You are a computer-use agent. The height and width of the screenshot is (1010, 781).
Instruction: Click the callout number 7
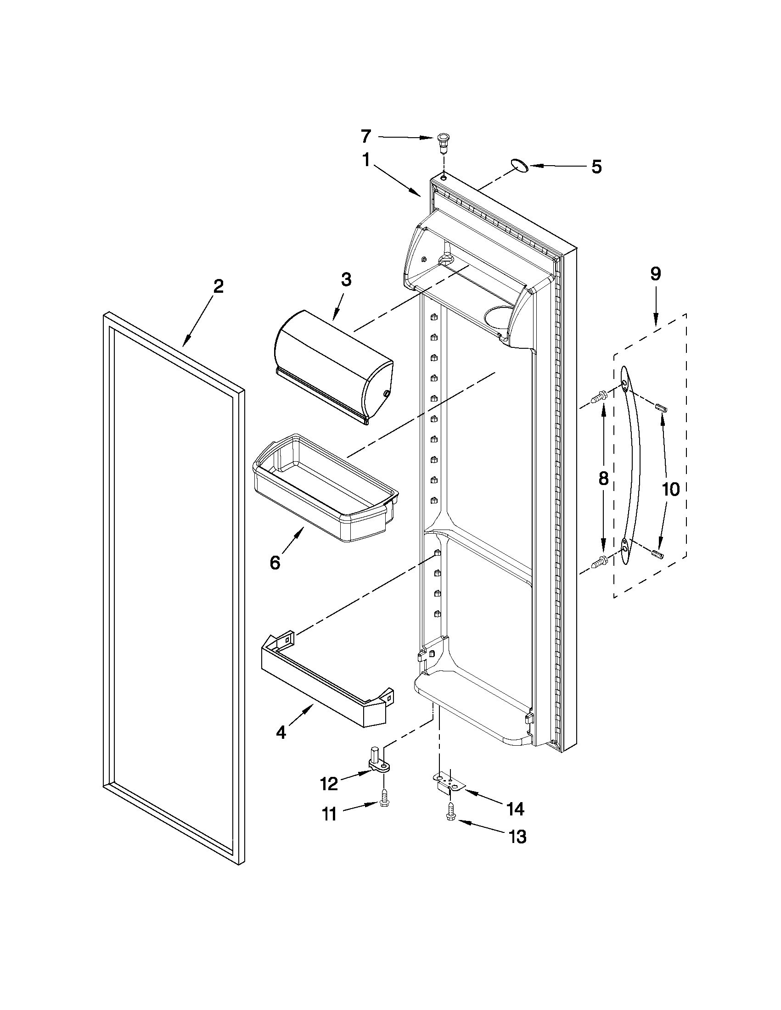pyautogui.click(x=365, y=136)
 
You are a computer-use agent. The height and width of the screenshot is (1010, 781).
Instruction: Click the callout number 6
pyautogui.click(x=275, y=562)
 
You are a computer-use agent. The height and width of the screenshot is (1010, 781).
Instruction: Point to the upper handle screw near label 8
pyautogui.click(x=599, y=396)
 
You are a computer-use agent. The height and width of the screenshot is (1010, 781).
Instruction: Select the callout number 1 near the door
pyautogui.click(x=366, y=161)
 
